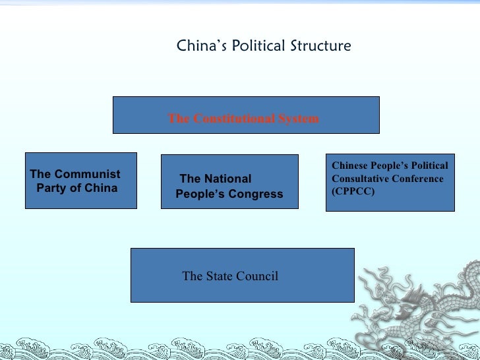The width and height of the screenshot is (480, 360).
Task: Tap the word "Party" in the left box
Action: click(x=50, y=188)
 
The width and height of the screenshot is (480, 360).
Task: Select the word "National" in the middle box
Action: click(x=227, y=179)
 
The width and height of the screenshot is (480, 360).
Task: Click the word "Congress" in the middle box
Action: click(x=257, y=194)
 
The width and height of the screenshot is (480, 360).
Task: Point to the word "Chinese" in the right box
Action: click(x=349, y=166)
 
